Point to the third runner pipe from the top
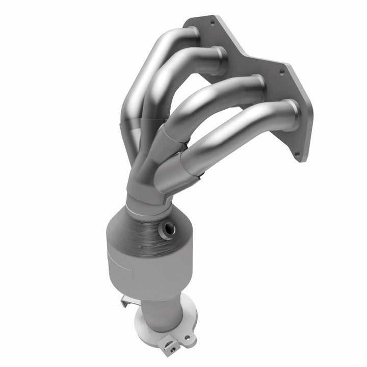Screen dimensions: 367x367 214,102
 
